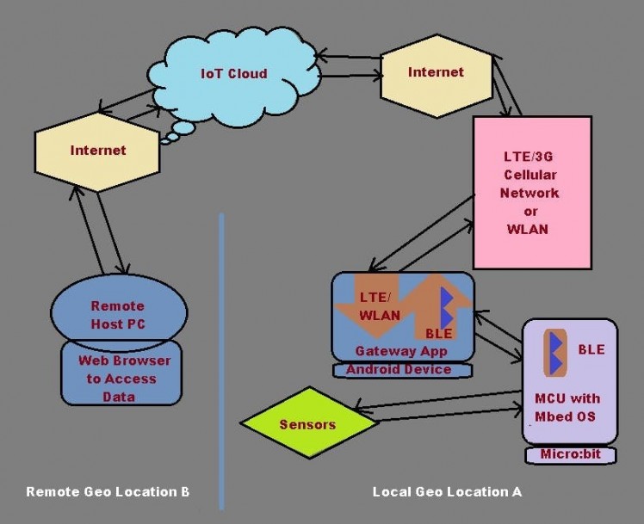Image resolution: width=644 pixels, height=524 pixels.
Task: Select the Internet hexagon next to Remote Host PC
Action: [97, 151]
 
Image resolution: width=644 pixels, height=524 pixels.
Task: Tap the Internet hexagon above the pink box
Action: [436, 71]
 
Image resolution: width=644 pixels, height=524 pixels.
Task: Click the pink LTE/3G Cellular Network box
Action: [532, 194]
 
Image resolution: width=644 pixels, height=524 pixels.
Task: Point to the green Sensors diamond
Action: [307, 424]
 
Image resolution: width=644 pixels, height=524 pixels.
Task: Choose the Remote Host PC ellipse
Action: [118, 315]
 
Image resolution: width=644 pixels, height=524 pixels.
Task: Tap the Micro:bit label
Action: [571, 453]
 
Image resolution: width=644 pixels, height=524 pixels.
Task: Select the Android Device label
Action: [398, 369]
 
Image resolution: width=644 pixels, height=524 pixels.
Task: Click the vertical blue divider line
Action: [221, 361]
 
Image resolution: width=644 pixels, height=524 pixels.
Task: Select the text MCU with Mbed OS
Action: [567, 407]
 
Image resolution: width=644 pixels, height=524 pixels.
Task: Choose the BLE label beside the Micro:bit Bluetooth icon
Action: [591, 349]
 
